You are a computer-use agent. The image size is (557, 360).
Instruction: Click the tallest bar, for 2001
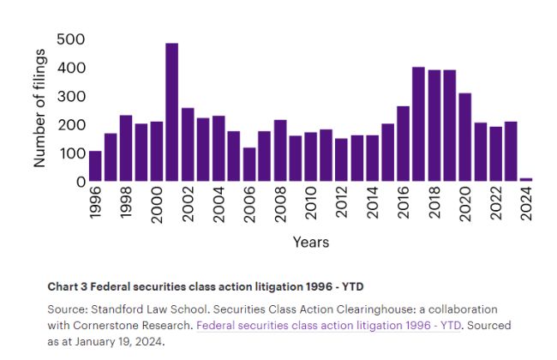pos(171,112)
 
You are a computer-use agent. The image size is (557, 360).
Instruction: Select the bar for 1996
pos(95,166)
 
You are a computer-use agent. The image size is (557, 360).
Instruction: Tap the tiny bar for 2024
pos(526,179)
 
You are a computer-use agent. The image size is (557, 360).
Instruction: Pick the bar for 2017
pos(418,124)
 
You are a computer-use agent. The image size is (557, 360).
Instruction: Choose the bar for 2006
pos(249,165)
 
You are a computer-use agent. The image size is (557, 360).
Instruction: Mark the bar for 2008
pos(280,151)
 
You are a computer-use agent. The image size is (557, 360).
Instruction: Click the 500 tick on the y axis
pos(70,39)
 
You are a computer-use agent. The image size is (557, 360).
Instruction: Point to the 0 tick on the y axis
pos(81,182)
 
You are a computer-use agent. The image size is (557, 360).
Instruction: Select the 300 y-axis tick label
pos(70,96)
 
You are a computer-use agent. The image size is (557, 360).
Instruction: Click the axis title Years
pos(310,243)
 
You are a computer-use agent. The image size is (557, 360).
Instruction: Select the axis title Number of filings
pos(39,107)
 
